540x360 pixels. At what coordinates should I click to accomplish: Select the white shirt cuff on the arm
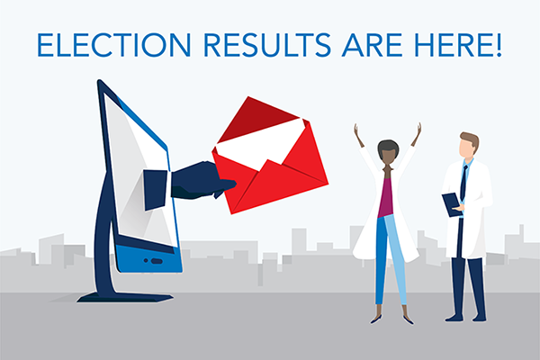point(156,185)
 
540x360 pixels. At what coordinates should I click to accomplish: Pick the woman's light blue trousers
point(390,261)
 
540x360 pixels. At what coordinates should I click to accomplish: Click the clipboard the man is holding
point(450,202)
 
